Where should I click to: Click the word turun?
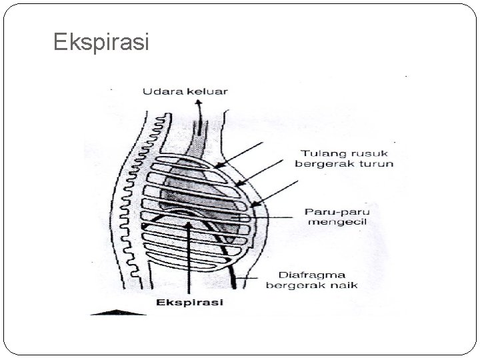[x=378, y=163]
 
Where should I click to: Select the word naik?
[x=345, y=285]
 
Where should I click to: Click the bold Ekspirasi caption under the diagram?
[x=190, y=302]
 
